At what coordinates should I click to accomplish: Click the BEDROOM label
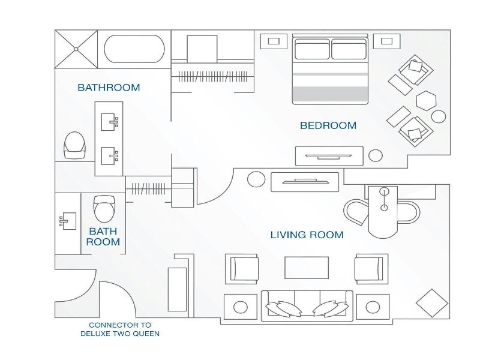pos(328,125)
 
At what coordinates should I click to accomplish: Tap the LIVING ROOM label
pos(307,235)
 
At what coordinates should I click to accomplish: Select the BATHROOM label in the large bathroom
pos(109,88)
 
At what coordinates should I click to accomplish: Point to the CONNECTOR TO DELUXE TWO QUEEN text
pos(120,329)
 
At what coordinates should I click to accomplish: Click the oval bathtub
pos(134,49)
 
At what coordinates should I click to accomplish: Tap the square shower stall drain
pos(76,49)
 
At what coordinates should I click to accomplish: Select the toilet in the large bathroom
pos(74,145)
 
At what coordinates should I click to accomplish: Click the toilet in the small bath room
pos(104,209)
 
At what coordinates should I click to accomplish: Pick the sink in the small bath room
pos(68,221)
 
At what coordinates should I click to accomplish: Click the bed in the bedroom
pos(330,70)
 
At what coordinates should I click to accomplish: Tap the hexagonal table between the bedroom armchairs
pos(426,101)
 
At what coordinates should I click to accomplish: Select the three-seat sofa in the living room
pos(307,306)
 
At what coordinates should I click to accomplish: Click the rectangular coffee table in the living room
pos(307,268)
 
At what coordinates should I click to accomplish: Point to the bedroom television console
pos(329,156)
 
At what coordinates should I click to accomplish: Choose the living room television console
pos(305,182)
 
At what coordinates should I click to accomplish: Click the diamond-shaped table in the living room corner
pos(432,303)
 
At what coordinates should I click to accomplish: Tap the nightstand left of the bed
pos(274,41)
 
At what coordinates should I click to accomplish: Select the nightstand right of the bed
pos(386,41)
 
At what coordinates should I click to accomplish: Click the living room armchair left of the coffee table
pos(242,269)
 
